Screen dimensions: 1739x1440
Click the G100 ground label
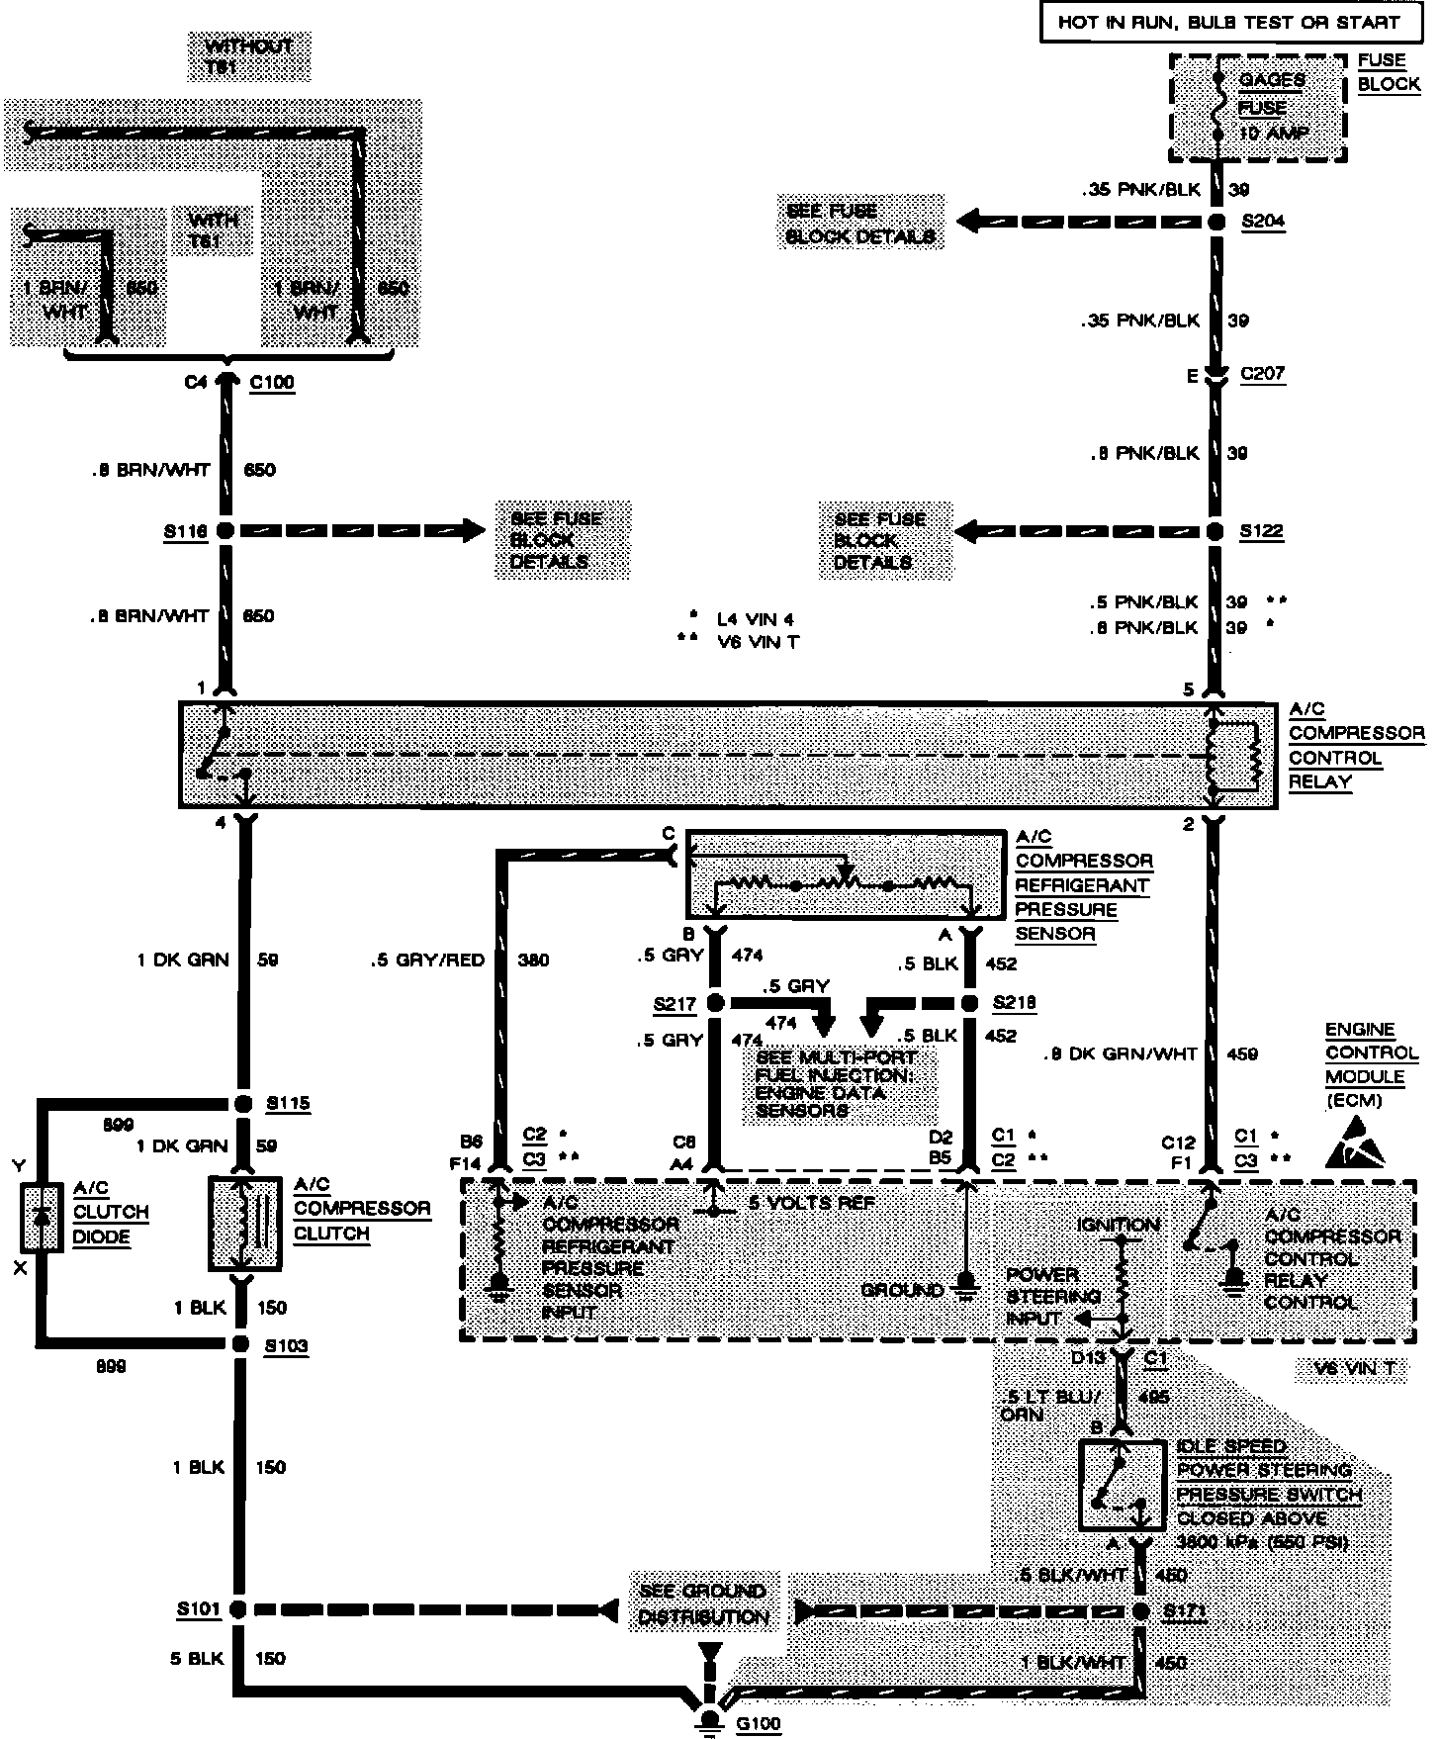point(759,1724)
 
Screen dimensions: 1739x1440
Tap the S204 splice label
point(1263,221)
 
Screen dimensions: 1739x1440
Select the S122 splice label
point(1262,531)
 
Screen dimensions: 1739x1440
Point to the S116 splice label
point(185,531)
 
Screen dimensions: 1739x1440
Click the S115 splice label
point(288,1103)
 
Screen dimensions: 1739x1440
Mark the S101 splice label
point(199,1609)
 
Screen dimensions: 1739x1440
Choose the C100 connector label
point(272,382)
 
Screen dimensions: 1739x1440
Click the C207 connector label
point(1262,373)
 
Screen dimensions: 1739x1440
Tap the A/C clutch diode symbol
point(42,1217)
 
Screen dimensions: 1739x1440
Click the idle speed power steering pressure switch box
point(1122,1485)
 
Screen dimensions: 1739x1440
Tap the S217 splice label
point(675,1004)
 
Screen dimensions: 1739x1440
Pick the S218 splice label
point(1014,1003)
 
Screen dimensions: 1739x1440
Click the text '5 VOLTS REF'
point(797,1203)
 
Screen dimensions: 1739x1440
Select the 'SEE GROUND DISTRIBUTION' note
point(703,1604)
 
